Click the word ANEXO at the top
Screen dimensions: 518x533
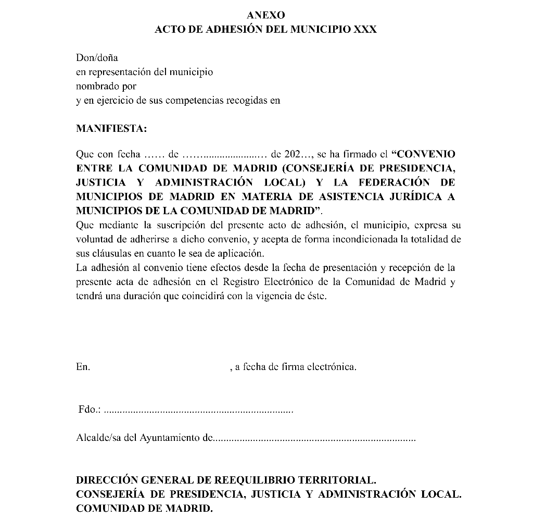point(266,16)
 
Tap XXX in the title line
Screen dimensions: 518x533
point(365,30)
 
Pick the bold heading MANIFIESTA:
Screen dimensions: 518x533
point(111,128)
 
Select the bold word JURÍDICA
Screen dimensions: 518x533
point(416,197)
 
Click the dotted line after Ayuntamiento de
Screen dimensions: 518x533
point(315,439)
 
